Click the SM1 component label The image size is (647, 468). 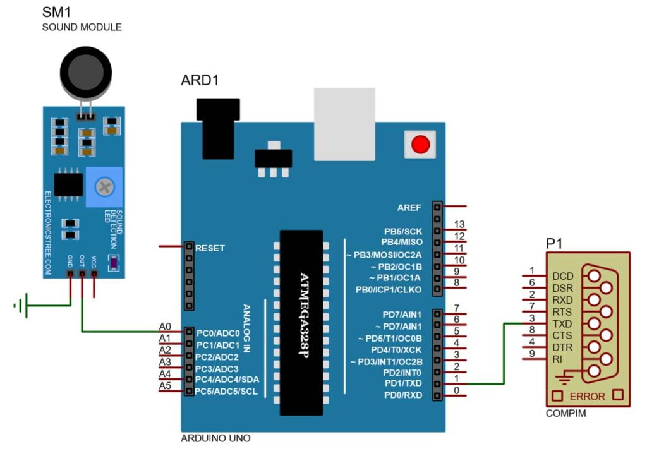(56, 12)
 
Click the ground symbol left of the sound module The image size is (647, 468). (21, 306)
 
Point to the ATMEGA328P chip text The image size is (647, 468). (304, 316)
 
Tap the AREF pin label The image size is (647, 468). (409, 207)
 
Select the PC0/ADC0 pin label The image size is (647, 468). (217, 333)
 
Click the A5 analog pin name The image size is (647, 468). (165, 386)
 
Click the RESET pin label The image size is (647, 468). (210, 248)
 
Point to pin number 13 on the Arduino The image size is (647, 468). (459, 224)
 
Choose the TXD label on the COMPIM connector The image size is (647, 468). (562, 323)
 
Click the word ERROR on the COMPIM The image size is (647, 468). (587, 397)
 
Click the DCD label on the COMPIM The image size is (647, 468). (562, 277)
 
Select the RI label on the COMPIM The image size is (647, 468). (557, 359)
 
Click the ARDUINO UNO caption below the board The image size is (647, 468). (215, 438)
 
